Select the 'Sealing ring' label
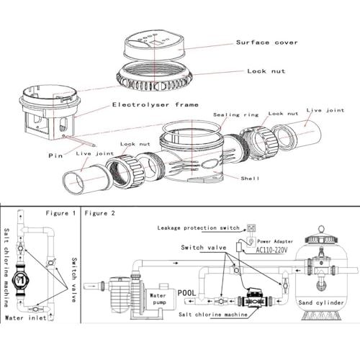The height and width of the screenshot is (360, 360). (x=235, y=114)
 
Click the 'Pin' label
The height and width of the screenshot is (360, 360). (x=51, y=154)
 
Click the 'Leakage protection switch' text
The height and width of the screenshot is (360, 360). (x=199, y=228)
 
